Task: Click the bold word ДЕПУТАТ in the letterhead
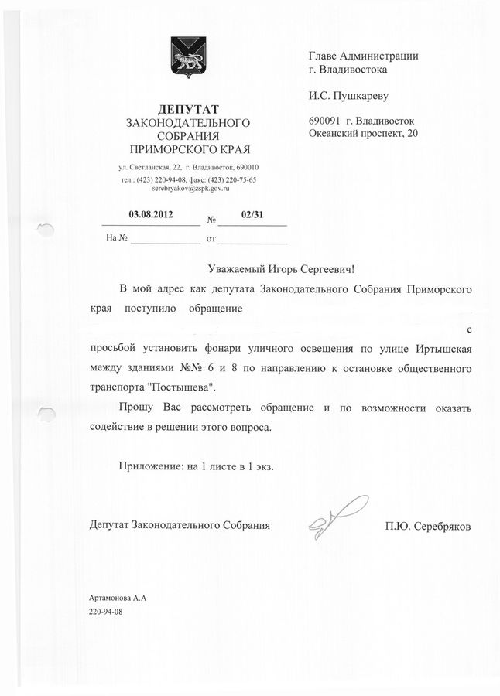[189, 107]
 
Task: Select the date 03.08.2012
[151, 213]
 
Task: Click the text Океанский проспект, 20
[363, 134]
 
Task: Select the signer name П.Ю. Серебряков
[427, 527]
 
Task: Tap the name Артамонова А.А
[117, 599]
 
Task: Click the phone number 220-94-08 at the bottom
[105, 611]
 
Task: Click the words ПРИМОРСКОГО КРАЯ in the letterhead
[190, 148]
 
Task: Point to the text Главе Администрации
[363, 56]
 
